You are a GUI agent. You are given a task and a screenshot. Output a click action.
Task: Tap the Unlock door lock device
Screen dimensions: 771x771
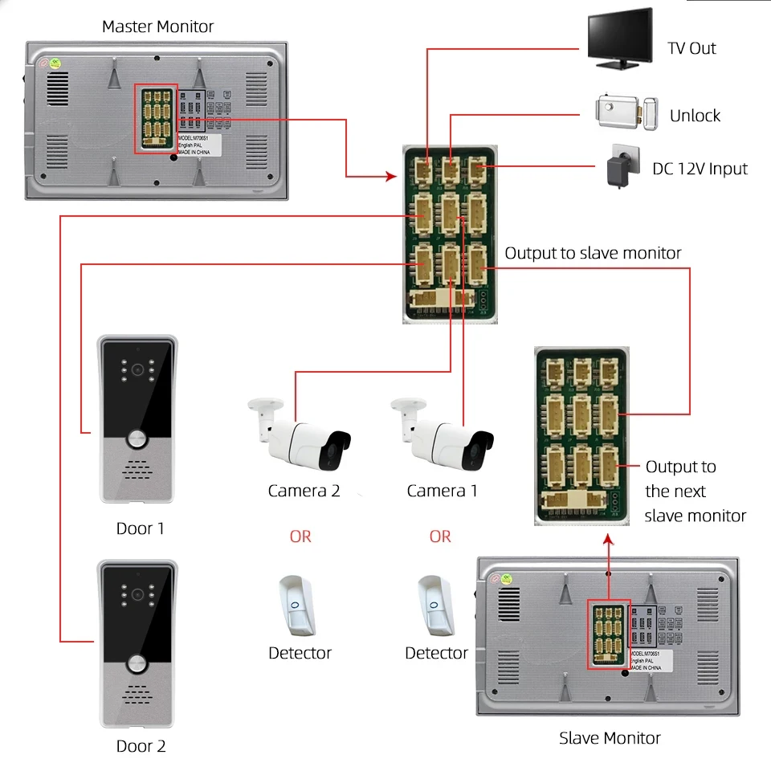[x=626, y=112]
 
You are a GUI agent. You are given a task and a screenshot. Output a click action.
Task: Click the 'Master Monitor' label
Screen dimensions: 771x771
[x=157, y=27]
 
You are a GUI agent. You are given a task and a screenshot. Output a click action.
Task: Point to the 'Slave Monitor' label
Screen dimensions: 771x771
[x=610, y=737]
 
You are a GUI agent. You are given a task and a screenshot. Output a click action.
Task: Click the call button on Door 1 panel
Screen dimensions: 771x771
[x=137, y=440]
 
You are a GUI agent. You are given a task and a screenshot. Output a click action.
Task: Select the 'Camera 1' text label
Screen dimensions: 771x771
[x=442, y=491]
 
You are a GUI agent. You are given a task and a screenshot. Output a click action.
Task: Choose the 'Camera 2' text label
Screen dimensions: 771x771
[x=304, y=491]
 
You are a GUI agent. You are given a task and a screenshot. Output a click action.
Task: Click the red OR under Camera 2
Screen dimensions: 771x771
[x=300, y=536]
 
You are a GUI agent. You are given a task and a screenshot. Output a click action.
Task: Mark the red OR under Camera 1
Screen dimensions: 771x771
[x=440, y=536]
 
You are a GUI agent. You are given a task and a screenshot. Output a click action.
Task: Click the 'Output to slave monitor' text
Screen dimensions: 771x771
[x=593, y=253]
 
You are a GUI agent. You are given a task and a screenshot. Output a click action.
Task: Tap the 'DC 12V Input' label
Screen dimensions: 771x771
[x=700, y=169]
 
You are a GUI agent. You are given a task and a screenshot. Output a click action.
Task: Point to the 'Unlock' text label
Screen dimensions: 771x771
[x=695, y=116]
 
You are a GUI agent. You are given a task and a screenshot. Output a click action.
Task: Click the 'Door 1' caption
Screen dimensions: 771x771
[x=141, y=528]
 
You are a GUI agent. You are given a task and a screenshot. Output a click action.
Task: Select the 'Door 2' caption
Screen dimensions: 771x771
[x=141, y=746]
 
